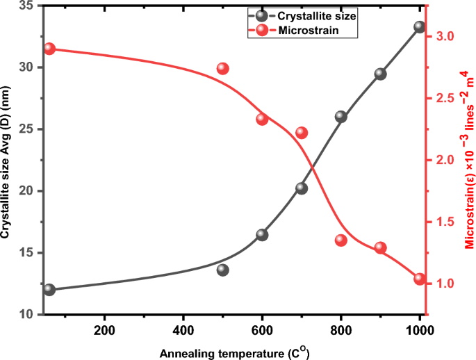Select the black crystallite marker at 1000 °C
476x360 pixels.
pos(420,27)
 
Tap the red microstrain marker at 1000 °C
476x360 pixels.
pos(420,279)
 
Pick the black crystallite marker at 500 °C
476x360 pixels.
pos(223,270)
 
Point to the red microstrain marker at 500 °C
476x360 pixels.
pos(223,68)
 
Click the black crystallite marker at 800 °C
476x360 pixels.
pos(341,117)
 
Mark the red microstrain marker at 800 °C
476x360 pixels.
pos(341,240)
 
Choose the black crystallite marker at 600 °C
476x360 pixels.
pos(262,235)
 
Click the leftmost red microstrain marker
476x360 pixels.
pos(49,49)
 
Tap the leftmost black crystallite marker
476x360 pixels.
pos(49,290)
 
